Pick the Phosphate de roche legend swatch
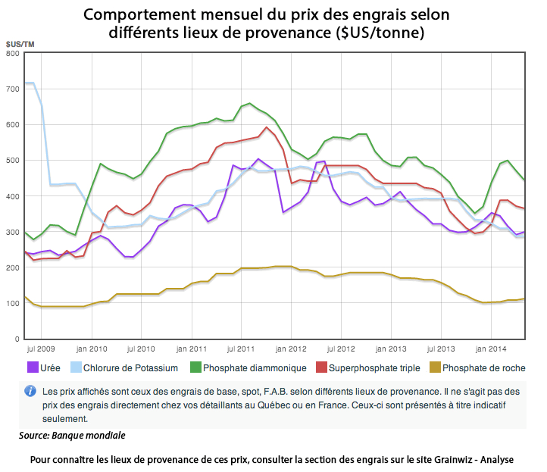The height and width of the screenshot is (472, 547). point(435,367)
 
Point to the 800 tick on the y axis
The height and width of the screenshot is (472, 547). point(13,53)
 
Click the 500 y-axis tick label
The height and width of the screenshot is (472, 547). point(13,161)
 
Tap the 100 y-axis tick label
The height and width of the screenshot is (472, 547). point(13,304)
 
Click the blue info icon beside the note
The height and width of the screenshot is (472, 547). point(30,391)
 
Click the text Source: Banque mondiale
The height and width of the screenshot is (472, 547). point(73,436)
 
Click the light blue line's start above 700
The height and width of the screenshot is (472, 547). point(29,83)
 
